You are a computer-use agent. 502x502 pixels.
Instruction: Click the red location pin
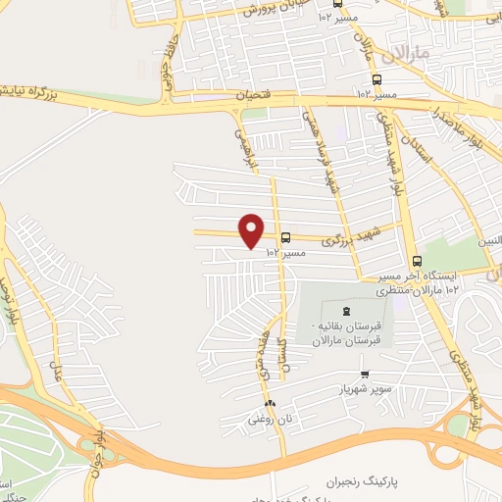click(252, 230)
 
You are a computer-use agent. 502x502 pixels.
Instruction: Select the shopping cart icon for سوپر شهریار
click(365, 373)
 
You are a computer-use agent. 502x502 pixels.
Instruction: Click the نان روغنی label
click(268, 419)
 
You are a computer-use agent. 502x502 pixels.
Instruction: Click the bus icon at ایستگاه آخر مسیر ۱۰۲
click(418, 262)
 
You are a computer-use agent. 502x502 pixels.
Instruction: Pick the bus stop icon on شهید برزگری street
click(285, 237)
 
